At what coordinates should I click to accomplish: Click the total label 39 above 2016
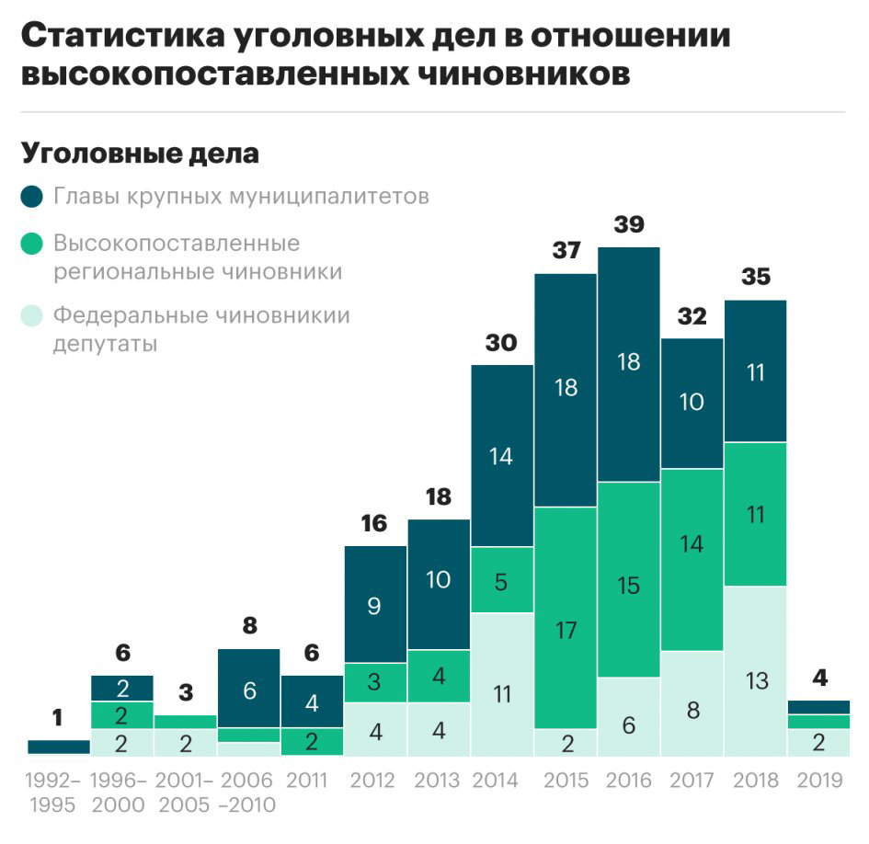[629, 225]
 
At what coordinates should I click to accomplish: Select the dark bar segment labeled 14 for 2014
[502, 455]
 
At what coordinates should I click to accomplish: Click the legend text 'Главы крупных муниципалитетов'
[241, 197]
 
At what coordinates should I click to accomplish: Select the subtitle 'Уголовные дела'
[140, 154]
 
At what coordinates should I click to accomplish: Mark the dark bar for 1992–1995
[59, 747]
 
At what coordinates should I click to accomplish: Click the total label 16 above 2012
[374, 524]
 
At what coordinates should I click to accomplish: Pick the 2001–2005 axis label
[186, 793]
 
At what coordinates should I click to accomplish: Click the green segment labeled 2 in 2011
[312, 741]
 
